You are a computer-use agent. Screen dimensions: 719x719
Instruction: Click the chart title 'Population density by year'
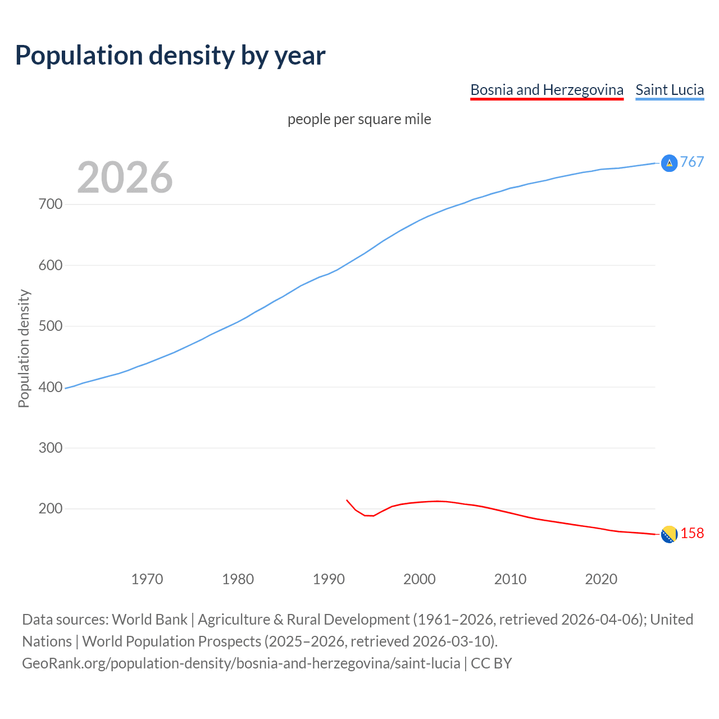170,56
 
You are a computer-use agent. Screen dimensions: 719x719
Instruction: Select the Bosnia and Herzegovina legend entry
547,90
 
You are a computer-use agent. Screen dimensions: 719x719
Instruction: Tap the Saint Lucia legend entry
670,90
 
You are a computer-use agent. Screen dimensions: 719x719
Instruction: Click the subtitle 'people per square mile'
359,120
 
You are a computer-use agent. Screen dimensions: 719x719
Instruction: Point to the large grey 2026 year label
125,178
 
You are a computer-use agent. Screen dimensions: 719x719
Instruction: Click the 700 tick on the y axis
51,204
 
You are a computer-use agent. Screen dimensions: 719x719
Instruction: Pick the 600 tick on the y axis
51,265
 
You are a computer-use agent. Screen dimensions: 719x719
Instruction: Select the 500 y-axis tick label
51,326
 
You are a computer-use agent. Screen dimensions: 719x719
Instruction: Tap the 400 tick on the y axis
51,387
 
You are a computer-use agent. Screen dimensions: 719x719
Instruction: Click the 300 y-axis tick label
51,448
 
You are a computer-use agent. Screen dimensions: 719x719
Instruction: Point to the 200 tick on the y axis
51,509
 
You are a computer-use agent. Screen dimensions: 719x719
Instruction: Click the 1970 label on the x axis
147,579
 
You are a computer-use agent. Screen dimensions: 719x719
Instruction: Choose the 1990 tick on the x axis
329,579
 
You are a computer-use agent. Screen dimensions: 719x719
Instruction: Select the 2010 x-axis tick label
510,579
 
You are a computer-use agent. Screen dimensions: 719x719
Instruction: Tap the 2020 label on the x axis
601,579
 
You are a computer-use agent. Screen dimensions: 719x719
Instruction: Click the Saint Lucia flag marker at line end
669,163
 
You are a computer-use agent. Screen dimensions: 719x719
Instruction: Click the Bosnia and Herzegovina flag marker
669,535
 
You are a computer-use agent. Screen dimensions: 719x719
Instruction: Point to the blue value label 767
692,162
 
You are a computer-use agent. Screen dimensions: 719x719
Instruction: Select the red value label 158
692,534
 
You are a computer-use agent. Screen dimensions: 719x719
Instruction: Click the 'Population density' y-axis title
24,348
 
